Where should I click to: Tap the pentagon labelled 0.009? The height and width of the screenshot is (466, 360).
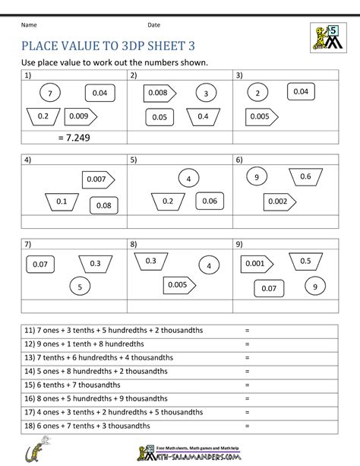(x=81, y=116)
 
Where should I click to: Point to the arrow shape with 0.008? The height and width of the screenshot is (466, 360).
(x=159, y=93)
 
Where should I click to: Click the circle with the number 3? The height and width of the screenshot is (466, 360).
(x=205, y=94)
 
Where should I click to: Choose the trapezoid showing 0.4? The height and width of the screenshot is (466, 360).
(x=203, y=116)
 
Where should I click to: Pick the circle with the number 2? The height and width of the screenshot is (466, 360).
(x=258, y=94)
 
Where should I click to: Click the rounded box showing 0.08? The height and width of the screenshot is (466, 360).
(x=103, y=205)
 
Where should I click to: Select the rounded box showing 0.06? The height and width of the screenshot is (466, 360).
(x=209, y=201)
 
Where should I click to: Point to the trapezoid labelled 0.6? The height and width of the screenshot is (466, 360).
(x=305, y=176)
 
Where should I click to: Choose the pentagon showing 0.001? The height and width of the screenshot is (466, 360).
(x=256, y=263)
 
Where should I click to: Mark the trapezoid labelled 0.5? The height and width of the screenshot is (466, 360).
(x=305, y=261)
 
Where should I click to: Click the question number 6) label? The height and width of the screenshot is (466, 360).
(x=239, y=160)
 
